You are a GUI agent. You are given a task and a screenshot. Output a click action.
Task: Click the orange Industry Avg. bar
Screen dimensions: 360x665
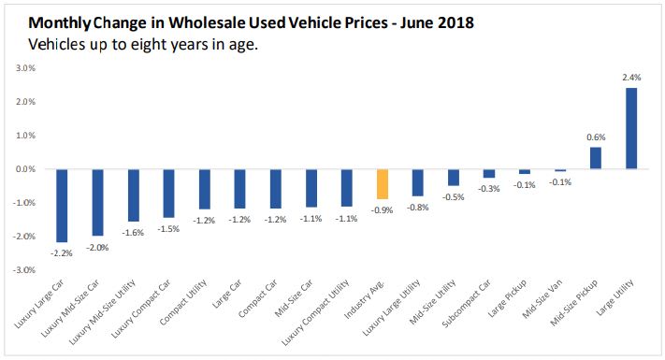point(382,184)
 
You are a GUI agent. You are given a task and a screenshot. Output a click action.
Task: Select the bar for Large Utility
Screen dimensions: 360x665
point(631,128)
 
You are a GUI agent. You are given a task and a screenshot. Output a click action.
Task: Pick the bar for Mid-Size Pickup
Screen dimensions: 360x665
point(596,158)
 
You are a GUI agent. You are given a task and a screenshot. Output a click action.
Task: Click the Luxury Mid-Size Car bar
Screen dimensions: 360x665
point(97,202)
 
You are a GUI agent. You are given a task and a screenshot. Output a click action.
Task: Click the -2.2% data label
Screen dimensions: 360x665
point(62,252)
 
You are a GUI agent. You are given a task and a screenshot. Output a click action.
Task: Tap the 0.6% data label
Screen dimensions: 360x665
point(596,137)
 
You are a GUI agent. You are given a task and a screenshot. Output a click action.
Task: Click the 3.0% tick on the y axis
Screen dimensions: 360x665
point(23,68)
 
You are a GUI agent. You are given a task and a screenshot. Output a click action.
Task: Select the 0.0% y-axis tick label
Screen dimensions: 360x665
point(23,169)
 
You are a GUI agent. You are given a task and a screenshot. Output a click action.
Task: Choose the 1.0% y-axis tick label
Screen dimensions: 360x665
point(23,136)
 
